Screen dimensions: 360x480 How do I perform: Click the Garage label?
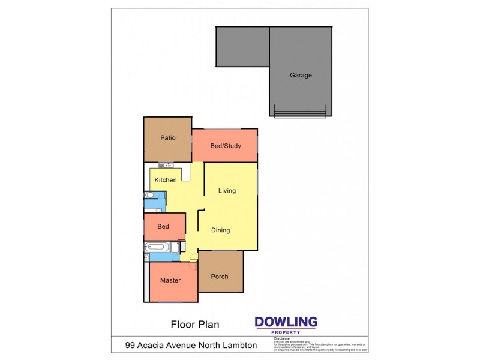(301, 76)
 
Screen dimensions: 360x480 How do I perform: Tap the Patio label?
(167, 138)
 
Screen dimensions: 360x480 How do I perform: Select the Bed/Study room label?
(225, 146)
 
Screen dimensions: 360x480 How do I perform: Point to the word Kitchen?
(166, 180)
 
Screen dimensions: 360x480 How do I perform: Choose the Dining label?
(220, 230)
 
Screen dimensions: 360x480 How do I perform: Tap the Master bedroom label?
(170, 280)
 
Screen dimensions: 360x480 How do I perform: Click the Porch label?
(220, 277)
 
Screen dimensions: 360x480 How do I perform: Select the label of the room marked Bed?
(163, 227)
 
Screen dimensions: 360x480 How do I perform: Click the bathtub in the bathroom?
(157, 247)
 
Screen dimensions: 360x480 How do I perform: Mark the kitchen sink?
(165, 165)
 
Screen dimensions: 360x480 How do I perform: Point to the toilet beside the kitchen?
(148, 195)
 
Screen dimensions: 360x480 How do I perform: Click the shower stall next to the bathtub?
(175, 247)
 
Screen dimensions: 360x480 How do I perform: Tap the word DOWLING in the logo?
(286, 322)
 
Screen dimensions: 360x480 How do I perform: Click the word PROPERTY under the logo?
(286, 332)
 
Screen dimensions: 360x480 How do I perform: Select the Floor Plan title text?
(195, 325)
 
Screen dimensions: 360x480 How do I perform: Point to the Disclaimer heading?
(282, 339)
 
